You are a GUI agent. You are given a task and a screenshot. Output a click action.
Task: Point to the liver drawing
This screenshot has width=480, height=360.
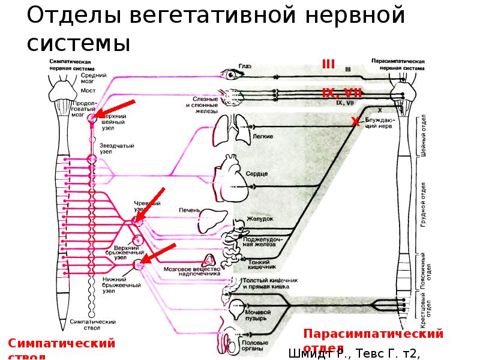pos(214,217)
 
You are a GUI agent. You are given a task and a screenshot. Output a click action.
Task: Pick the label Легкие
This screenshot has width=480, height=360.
pos(263,137)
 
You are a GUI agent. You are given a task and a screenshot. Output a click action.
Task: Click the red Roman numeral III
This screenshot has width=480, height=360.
pos(328,65)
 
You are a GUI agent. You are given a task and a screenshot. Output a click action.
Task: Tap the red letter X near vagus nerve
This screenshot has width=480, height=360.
pos(355,122)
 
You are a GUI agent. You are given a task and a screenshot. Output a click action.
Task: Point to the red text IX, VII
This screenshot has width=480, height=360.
pos(341,93)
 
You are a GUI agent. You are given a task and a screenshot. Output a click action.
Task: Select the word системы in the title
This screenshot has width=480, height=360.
pos(79,43)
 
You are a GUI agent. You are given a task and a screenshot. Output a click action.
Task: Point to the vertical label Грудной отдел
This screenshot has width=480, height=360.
pos(424,204)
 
